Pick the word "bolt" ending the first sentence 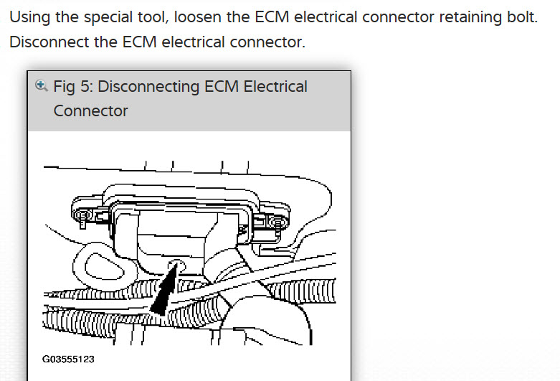521,17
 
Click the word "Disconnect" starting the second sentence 49,42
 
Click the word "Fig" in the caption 65,87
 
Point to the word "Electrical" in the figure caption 275,87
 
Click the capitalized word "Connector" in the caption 90,111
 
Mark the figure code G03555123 69,359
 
